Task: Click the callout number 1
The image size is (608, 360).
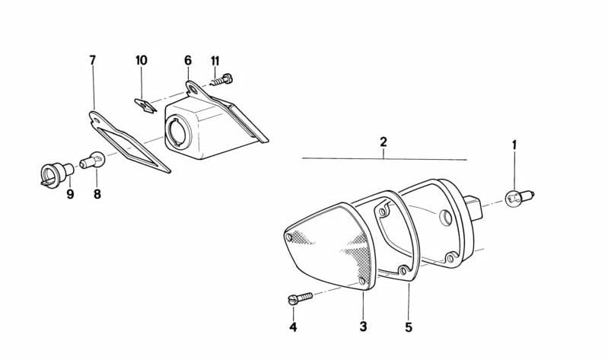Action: tap(514, 144)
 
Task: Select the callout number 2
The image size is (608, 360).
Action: tap(384, 142)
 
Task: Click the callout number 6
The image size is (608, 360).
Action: tap(188, 60)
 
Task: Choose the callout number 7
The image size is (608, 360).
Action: tap(93, 60)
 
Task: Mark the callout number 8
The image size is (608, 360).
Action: tap(97, 194)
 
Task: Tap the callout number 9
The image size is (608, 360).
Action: tap(70, 194)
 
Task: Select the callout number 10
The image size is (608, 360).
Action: tap(142, 60)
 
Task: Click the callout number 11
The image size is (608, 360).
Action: tap(215, 60)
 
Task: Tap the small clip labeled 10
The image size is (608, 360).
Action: tap(144, 104)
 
